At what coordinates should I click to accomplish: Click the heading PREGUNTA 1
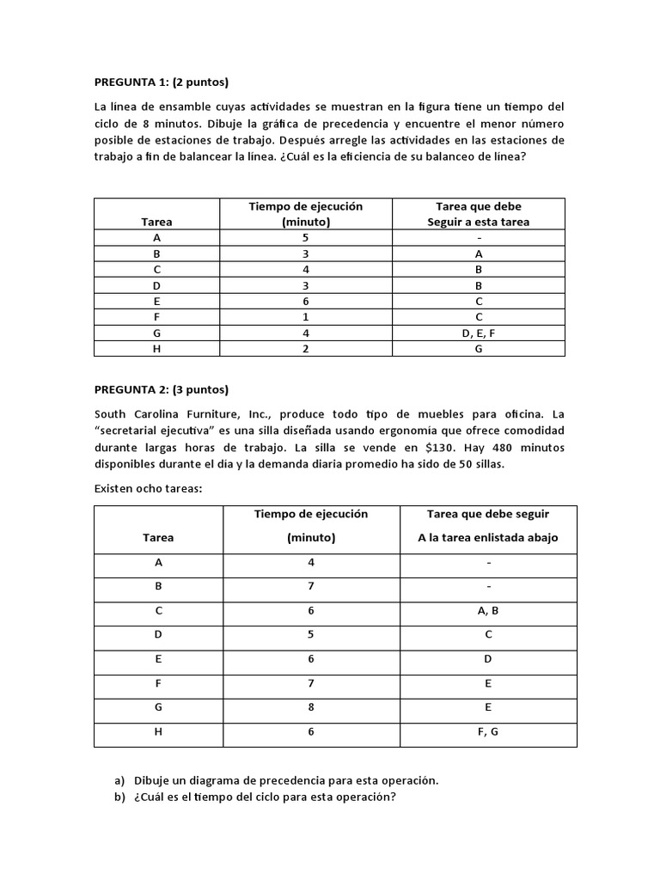click(x=161, y=82)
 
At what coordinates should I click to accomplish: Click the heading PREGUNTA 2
click(x=161, y=388)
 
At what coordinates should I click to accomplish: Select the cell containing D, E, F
click(x=479, y=333)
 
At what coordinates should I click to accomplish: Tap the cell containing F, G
click(x=488, y=731)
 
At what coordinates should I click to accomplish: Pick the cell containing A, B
click(x=488, y=611)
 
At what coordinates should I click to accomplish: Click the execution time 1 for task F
click(x=306, y=317)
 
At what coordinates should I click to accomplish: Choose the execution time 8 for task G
click(x=311, y=707)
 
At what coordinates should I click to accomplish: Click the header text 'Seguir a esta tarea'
click(x=479, y=222)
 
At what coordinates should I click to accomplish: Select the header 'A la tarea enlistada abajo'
click(x=488, y=537)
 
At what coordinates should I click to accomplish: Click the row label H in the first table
click(x=156, y=349)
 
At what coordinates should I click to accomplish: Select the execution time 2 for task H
click(x=306, y=349)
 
